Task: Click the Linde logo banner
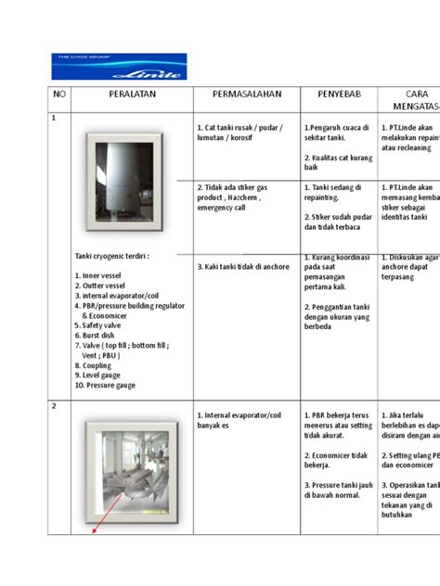tap(118, 66)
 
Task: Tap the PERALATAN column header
tap(130, 96)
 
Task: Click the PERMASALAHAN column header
tap(245, 96)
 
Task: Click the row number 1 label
tap(54, 118)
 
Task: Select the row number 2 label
tap(54, 406)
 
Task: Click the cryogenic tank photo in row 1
tap(120, 180)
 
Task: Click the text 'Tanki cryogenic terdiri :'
tap(111, 255)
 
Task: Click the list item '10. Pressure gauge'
tap(105, 385)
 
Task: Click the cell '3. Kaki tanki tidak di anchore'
tap(243, 266)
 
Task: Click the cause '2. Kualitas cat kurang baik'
tap(338, 163)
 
